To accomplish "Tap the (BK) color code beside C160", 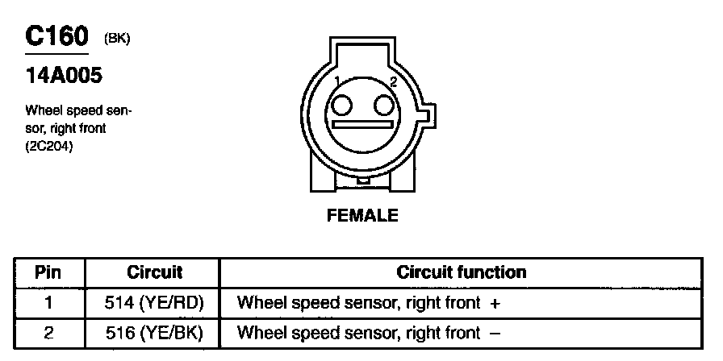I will click(x=116, y=39).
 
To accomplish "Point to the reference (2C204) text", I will click(x=50, y=146).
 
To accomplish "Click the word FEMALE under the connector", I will click(x=362, y=215).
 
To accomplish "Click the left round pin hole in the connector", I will click(x=341, y=106).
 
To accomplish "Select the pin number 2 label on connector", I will click(x=393, y=81).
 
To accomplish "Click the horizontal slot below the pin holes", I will click(x=362, y=127).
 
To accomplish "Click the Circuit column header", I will click(x=155, y=272).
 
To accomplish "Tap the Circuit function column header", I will click(x=462, y=272).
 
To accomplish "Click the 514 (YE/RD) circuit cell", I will click(x=155, y=303).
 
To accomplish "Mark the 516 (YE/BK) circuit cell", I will click(x=155, y=331).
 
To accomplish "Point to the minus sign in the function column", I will click(x=495, y=331).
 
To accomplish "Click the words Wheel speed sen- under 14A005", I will click(x=78, y=110).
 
